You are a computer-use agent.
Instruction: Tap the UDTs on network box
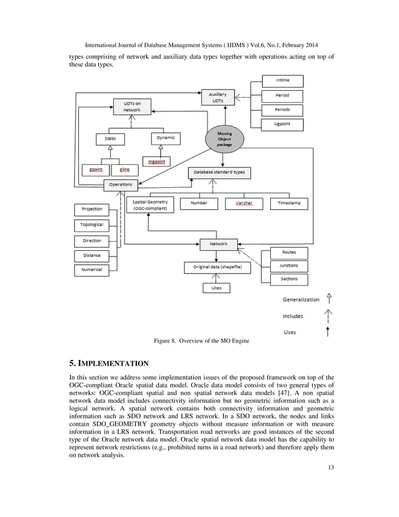131,106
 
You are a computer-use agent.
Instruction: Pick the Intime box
282,81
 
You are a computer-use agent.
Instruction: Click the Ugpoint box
282,125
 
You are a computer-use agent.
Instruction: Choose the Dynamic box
165,138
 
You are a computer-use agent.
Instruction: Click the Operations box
121,184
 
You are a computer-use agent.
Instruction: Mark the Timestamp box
288,204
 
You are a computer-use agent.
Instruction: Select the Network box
218,243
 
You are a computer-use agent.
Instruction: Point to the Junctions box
288,265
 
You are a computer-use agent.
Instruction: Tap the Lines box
216,288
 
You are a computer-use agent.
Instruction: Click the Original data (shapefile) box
217,267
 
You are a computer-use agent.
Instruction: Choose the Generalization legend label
300,299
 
